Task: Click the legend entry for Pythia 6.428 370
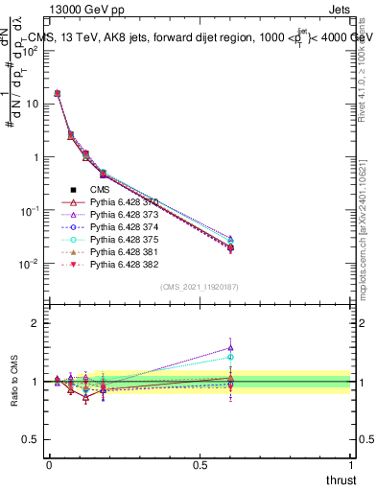123,202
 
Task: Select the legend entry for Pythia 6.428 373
123,215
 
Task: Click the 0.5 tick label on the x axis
200,463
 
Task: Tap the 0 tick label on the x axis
49,463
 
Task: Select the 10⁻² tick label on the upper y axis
29,263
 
